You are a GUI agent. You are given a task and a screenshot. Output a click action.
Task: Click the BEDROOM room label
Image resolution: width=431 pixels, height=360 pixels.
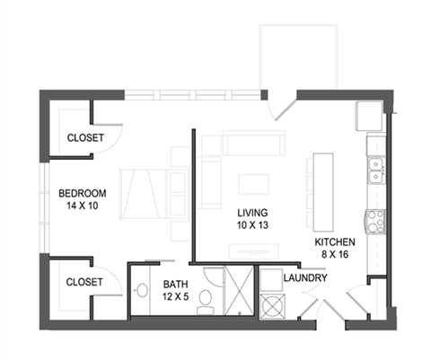click(83, 193)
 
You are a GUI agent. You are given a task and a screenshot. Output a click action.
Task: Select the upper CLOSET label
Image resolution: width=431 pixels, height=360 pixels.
click(85, 138)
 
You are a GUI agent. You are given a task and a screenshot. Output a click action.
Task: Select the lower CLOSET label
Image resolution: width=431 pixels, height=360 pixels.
click(85, 282)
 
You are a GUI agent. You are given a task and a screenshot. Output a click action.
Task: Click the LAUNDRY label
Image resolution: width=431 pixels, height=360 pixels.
click(303, 278)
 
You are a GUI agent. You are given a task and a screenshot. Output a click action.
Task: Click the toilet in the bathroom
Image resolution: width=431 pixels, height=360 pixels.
click(206, 297)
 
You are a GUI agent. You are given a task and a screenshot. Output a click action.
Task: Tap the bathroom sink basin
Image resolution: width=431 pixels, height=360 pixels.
click(142, 291)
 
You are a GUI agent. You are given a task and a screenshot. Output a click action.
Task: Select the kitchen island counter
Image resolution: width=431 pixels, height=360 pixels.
click(322, 189)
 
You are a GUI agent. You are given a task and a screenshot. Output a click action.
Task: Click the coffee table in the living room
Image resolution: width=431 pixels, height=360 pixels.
click(253, 184)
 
